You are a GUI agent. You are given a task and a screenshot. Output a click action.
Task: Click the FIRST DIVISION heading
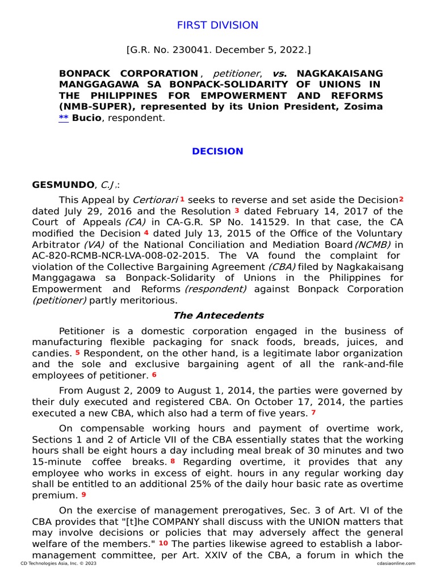pyautogui.click(x=217, y=25)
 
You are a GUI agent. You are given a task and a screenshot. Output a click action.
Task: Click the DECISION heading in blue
pyautogui.click(x=217, y=151)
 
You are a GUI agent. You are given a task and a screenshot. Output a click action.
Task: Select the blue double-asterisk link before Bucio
pyautogui.click(x=64, y=118)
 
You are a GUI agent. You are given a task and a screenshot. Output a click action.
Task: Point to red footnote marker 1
pyautogui.click(x=182, y=199)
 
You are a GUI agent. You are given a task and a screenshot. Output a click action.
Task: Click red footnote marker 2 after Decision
pyautogui.click(x=401, y=199)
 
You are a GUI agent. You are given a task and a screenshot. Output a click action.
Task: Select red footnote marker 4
pyautogui.click(x=146, y=233)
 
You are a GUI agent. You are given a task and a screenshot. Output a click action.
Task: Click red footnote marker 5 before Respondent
pyautogui.click(x=78, y=352)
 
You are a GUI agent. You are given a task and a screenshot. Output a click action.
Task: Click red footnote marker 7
pyautogui.click(x=313, y=412)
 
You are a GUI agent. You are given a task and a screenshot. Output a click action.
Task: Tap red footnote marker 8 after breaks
pyautogui.click(x=173, y=461)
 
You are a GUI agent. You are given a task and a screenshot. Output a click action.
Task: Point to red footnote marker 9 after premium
pyautogui.click(x=84, y=494)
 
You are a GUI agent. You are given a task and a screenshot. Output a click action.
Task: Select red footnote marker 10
pyautogui.click(x=163, y=543)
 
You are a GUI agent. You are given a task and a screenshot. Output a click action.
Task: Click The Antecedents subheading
pyautogui.click(x=217, y=315)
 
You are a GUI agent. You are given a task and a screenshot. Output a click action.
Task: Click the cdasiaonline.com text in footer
pyautogui.click(x=396, y=563)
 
